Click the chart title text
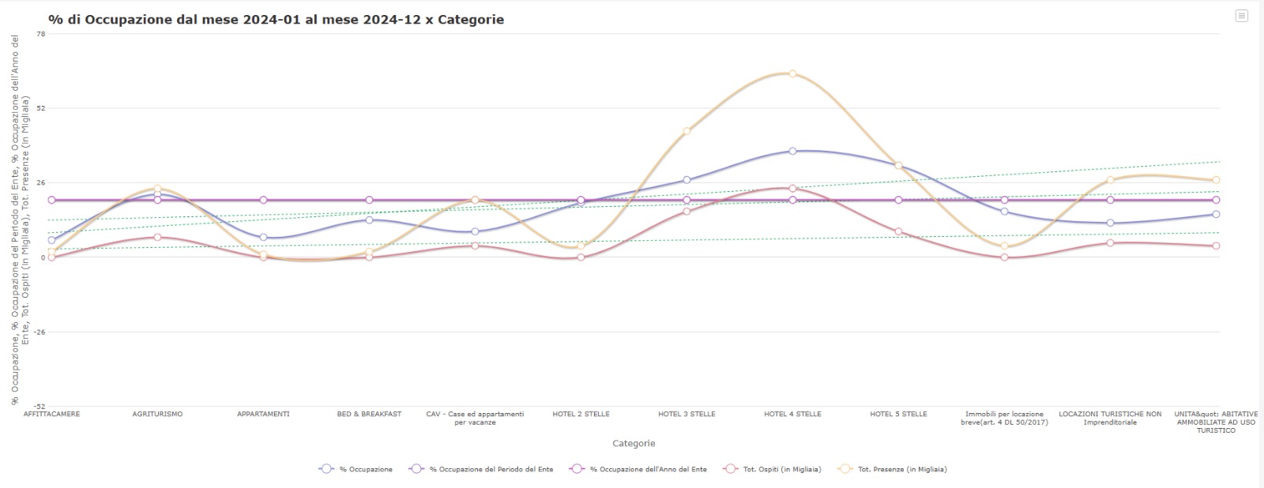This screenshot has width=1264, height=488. coord(276,20)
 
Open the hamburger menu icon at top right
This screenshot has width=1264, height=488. coord(1241,16)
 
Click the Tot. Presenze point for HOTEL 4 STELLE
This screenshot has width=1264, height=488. coord(792,73)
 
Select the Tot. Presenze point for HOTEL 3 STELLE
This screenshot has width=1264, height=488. coord(687,131)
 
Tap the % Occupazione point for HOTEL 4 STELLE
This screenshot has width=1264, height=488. coord(792,151)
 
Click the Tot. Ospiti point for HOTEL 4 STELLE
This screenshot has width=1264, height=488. coord(792,188)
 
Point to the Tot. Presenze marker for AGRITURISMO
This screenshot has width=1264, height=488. coord(157,188)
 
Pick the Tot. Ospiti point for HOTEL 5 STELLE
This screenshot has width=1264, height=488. coord(898,231)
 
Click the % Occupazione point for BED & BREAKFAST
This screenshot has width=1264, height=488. coord(369,220)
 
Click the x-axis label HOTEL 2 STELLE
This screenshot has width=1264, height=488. coord(581,414)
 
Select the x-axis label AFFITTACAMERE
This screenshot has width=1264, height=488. coord(51,414)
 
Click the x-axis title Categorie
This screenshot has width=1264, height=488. coord(634,443)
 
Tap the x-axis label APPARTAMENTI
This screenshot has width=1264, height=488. coord(263,414)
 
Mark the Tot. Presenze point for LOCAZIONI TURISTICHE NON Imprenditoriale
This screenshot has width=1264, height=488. coord(1110,180)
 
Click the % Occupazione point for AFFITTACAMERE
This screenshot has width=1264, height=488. coord(51,240)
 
